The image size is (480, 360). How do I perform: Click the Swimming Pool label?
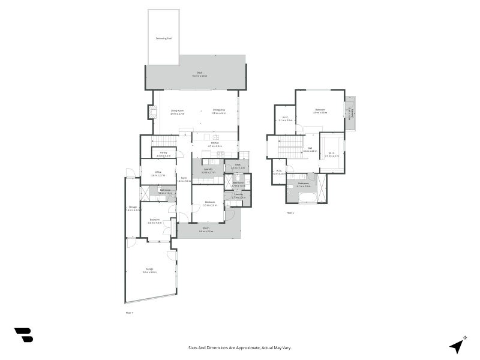pos(164,38)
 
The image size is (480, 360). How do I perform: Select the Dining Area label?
pos(218,110)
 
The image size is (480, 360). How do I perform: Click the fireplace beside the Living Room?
pos(152,112)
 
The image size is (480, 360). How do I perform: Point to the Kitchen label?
pos(215,144)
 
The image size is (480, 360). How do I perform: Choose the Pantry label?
pos(163,153)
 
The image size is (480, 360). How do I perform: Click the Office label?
pos(158,172)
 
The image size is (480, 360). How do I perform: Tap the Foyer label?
pos(185,179)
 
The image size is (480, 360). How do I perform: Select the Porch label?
pos(206,229)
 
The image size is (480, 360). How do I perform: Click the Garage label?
pos(149,269)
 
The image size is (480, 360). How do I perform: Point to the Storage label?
pos(132,208)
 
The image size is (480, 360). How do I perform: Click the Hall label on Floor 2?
pos(310,148)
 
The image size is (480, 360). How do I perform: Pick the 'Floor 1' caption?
pos(129,313)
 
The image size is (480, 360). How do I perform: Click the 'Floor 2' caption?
pos(290,212)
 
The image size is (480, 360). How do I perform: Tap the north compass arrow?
pos(458,346)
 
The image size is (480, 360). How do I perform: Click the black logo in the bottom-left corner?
pos(23,335)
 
